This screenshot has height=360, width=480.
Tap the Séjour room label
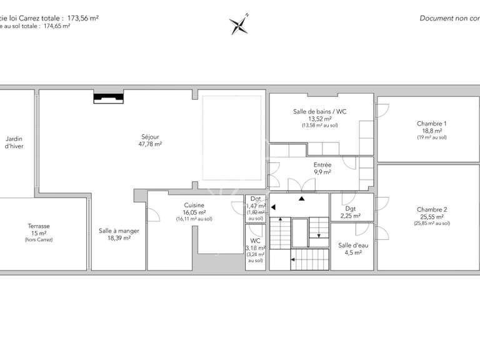150,136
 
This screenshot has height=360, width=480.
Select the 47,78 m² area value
150,144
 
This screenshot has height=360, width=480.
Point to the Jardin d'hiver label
14,142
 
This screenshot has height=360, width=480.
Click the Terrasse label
39,226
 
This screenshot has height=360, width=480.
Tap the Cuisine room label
194,205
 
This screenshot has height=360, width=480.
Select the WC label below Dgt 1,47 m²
254,241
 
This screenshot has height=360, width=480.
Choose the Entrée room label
322,164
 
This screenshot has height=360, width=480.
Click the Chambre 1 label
431,124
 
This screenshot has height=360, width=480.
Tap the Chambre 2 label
431,209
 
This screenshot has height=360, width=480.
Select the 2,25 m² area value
350,216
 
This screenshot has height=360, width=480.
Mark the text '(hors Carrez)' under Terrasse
39,240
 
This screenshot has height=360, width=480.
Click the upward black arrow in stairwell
302,198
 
